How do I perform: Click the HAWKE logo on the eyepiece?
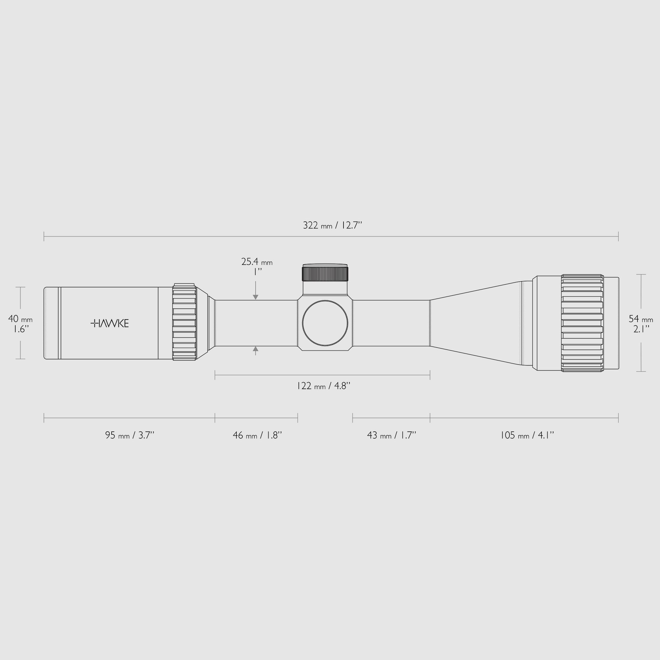coord(110,323)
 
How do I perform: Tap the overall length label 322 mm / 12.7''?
coord(332,226)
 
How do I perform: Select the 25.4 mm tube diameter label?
coord(256,262)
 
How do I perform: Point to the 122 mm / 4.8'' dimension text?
coord(323,386)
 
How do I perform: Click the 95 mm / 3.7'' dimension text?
coord(130,436)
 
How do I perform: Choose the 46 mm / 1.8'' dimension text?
coord(257,436)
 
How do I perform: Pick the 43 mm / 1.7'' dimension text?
coord(391,436)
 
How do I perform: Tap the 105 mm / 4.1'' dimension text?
coord(527,436)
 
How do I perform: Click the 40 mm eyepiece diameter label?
coord(20,319)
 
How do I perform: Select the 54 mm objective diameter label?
coord(640,319)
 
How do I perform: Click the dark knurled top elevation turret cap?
coord(325,274)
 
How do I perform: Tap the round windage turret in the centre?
coord(325,323)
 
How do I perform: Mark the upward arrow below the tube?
coord(256,349)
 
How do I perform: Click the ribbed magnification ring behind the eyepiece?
coord(184,322)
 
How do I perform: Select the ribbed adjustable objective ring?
coord(582,323)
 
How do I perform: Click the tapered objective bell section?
coord(478,323)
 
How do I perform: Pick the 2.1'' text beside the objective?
coord(641,329)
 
